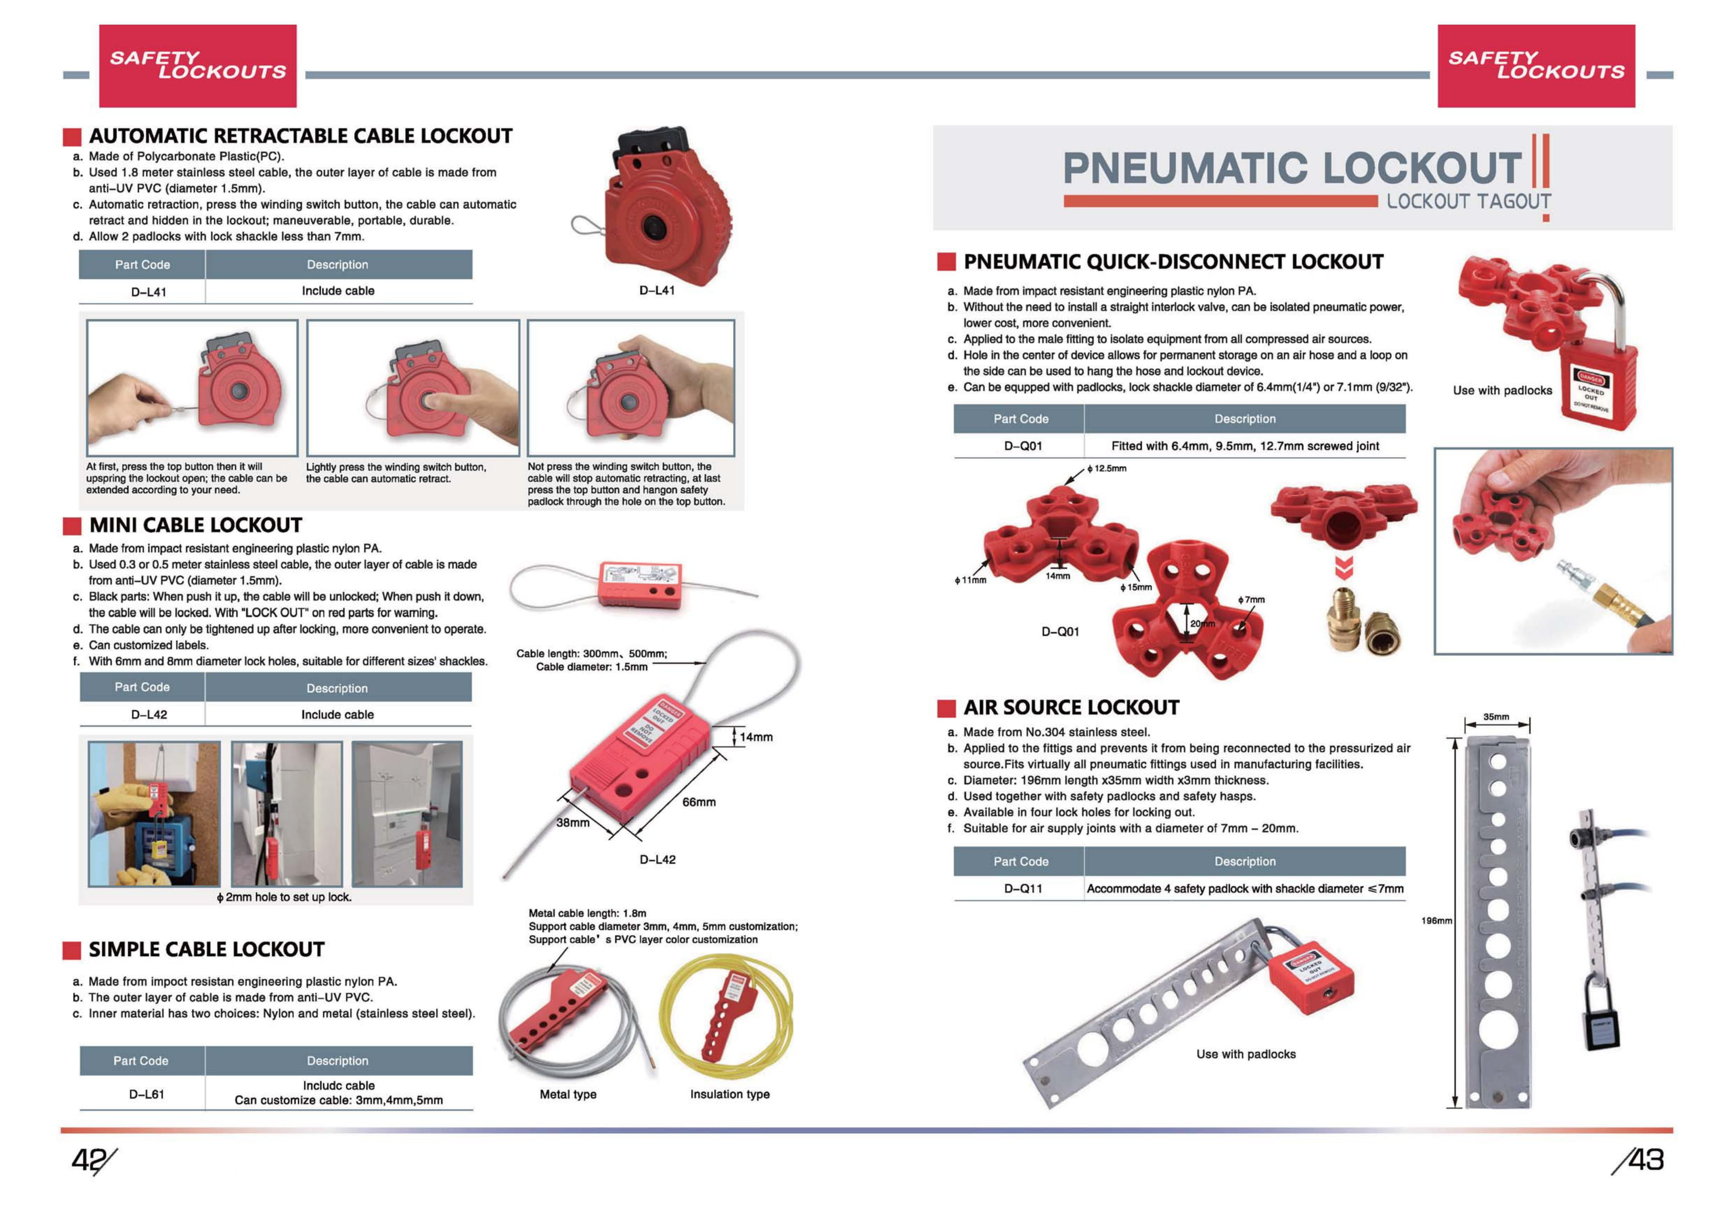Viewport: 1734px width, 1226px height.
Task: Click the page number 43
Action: (1645, 1159)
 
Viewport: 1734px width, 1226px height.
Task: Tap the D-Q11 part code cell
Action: (1022, 888)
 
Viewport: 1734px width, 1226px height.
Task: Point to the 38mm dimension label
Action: (572, 822)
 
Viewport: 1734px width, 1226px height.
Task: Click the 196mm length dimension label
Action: (1436, 921)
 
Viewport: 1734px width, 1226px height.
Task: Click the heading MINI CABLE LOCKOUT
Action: (195, 525)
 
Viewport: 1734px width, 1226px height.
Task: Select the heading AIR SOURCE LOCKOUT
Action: (1071, 707)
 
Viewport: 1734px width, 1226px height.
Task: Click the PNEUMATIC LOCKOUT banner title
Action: (1291, 168)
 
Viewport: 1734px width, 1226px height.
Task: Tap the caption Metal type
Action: (568, 1094)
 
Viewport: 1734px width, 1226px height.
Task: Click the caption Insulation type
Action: (729, 1094)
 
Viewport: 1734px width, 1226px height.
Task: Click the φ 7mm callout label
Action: (1251, 599)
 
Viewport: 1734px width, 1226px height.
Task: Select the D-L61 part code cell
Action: (147, 1094)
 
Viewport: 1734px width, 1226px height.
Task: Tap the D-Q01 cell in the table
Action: (1022, 446)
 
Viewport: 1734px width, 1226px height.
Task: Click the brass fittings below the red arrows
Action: (1364, 625)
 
